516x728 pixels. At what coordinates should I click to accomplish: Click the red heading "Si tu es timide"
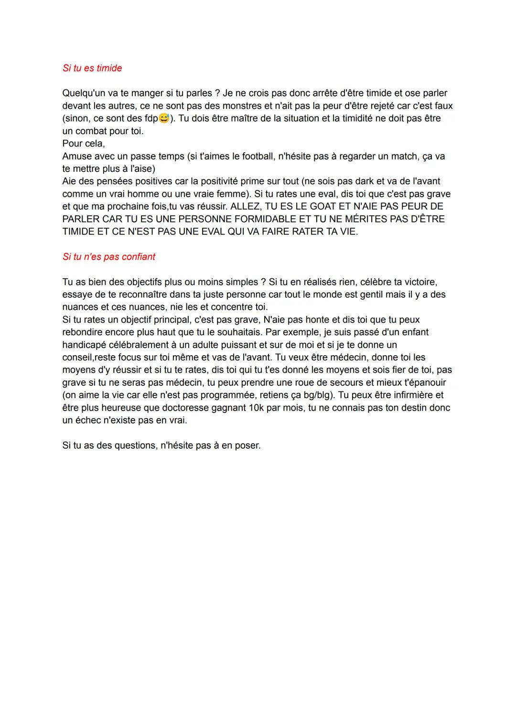[x=92, y=68]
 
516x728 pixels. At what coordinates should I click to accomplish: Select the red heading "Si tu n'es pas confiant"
[x=109, y=257]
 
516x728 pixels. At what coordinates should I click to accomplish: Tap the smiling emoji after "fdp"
[x=164, y=118]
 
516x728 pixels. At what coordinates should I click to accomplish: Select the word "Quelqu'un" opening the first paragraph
[x=83, y=93]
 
